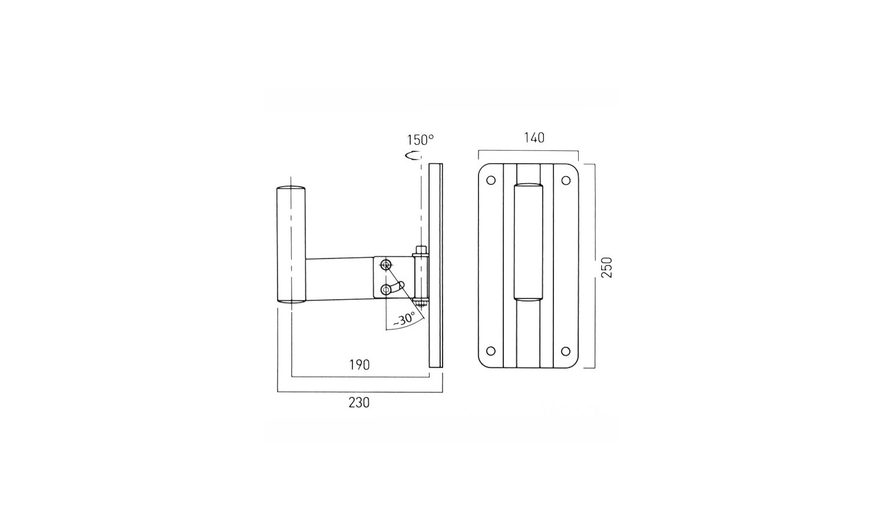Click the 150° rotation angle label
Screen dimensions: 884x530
pyautogui.click(x=420, y=140)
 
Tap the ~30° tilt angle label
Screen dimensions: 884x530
pyautogui.click(x=404, y=319)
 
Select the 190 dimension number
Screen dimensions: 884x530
pyautogui.click(x=359, y=365)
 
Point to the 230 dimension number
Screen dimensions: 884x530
pyautogui.click(x=359, y=402)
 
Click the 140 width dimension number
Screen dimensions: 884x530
pyautogui.click(x=534, y=138)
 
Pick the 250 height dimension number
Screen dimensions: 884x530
pyautogui.click(x=606, y=267)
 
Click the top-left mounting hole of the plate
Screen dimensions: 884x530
pyautogui.click(x=491, y=181)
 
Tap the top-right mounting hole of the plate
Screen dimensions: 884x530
pyautogui.click(x=566, y=181)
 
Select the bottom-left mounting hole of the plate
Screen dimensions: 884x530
pyautogui.click(x=491, y=351)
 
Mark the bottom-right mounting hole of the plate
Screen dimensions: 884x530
pyautogui.click(x=566, y=351)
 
